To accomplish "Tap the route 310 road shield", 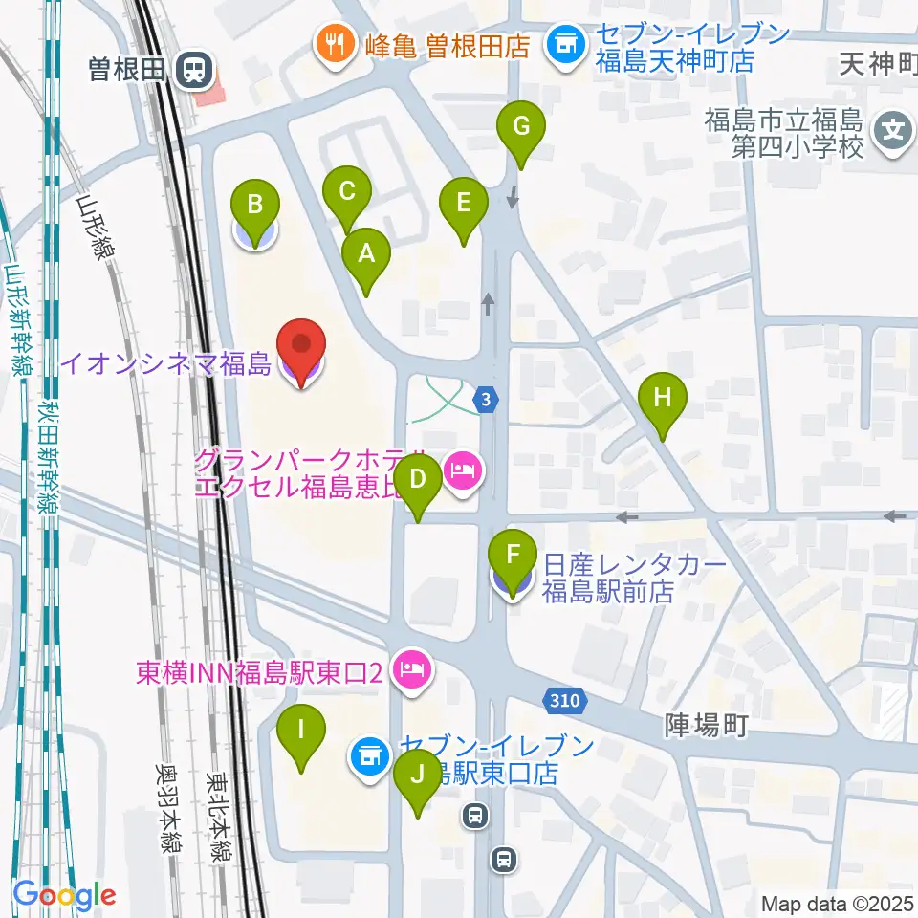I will (564, 701).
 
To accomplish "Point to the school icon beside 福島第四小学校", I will (893, 126).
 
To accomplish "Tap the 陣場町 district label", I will (705, 727).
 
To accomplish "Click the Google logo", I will (64, 894).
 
